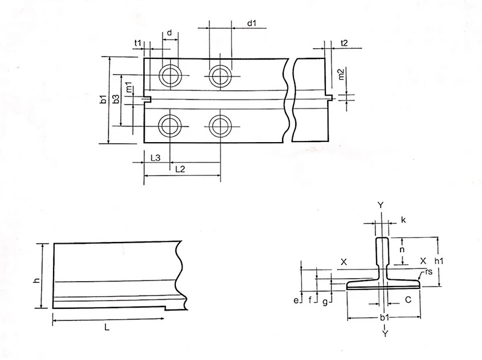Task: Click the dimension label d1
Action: point(252,23)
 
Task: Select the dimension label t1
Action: point(138,42)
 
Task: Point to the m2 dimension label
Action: point(341,75)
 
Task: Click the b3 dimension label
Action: point(116,99)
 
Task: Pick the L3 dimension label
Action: point(154,158)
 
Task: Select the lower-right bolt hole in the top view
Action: point(218,125)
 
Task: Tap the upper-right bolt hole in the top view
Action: point(218,75)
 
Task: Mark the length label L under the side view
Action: point(107,327)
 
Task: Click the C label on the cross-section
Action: point(408,298)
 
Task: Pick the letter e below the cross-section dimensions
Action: point(296,299)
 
